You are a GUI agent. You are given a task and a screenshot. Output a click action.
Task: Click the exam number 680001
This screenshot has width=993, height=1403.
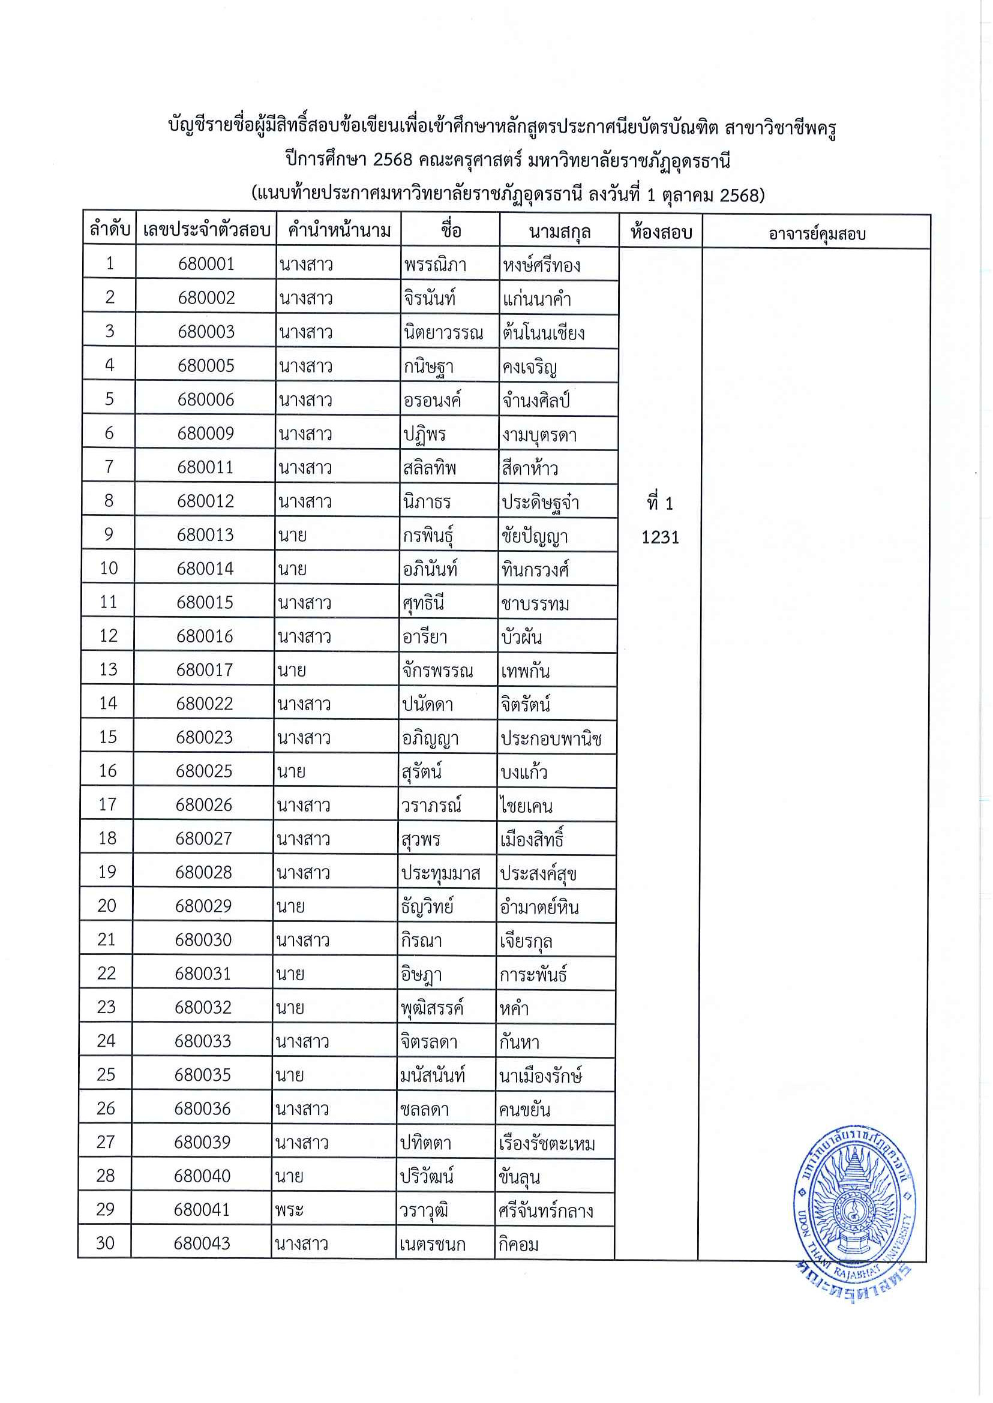[206, 263]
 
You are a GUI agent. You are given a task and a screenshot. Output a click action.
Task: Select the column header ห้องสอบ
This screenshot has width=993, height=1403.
[661, 232]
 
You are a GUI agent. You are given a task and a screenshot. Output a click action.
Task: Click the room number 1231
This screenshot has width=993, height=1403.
[661, 537]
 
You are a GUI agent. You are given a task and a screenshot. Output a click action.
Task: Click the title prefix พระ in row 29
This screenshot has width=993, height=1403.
[289, 1210]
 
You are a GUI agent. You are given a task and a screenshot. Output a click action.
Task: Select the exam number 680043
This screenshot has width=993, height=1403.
[202, 1243]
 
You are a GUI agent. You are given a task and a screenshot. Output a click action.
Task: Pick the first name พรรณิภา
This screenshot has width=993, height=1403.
[436, 265]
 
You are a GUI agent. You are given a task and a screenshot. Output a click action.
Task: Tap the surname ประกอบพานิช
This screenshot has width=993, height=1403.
[551, 738]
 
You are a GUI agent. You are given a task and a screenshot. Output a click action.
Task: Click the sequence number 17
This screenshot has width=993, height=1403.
[107, 804]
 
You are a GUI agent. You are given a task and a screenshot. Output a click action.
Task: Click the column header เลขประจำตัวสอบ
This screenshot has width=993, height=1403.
[206, 230]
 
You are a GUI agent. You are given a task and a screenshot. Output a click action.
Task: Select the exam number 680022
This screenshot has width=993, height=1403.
[204, 704]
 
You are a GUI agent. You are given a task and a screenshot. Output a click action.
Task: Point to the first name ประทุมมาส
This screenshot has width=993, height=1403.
[440, 873]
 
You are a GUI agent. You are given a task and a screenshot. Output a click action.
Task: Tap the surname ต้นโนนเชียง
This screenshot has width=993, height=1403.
[544, 332]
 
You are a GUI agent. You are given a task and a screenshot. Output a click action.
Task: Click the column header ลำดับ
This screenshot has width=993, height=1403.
[109, 229]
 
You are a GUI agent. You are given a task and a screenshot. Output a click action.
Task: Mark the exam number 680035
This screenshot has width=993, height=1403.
[202, 1075]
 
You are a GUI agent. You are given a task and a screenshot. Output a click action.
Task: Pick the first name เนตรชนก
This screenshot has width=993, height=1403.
[432, 1244]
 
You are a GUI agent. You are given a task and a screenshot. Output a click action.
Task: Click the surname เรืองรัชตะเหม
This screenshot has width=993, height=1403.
[547, 1143]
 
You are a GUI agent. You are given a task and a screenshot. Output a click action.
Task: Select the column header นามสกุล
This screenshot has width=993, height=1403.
[559, 232]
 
